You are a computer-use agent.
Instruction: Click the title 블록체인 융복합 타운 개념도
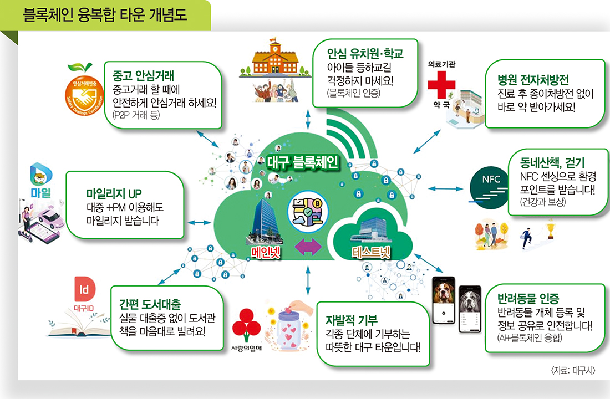coord(105,14)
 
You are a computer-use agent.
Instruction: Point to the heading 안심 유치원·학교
coord(364,54)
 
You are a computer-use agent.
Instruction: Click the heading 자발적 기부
coord(352,320)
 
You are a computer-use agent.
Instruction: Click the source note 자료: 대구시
coord(571,370)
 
